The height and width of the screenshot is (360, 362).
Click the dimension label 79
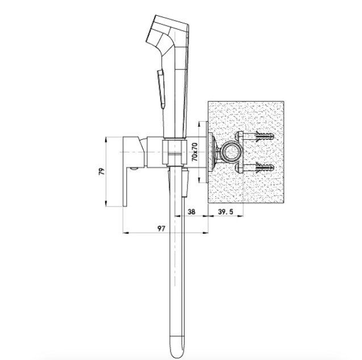102,171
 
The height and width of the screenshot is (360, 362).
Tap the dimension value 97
161,228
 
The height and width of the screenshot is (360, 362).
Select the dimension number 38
192,212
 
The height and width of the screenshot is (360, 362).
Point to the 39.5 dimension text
226,212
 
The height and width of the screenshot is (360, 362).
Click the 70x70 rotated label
194,152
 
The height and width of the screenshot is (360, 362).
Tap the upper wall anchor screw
265,136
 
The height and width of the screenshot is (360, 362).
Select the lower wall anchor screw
265,167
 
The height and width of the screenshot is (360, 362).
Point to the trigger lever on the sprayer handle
161,89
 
